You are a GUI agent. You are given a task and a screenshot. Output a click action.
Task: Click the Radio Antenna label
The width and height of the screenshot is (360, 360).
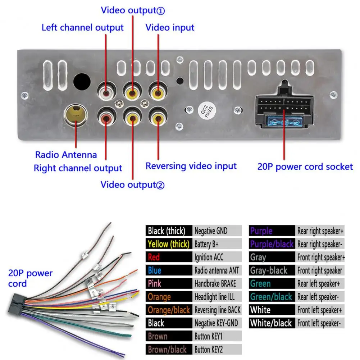[66, 155]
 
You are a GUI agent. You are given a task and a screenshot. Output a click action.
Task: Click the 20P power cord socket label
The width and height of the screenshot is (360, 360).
[305, 167]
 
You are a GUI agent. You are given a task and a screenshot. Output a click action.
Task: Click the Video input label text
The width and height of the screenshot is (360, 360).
[170, 28]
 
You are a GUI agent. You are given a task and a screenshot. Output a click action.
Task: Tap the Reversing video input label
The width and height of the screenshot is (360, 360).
[191, 166]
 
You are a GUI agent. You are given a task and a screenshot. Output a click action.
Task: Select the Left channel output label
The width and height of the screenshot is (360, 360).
[82, 28]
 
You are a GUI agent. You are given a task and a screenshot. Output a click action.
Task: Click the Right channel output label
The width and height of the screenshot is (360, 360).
[78, 168]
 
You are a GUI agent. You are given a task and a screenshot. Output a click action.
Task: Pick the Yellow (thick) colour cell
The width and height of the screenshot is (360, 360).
[168, 244]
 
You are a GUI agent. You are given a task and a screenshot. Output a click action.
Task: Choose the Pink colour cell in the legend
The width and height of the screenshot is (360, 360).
[168, 283]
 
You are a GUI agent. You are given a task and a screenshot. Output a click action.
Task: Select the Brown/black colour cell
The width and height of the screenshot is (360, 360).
[168, 349]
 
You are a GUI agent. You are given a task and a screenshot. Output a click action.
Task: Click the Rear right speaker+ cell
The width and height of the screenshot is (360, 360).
[320, 231]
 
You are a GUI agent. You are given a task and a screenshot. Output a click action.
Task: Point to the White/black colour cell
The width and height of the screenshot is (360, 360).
[272, 323]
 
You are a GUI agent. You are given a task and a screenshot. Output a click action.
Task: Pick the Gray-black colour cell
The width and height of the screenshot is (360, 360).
[272, 270]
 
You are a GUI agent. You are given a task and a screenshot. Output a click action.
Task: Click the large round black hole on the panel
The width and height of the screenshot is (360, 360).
[82, 82]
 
